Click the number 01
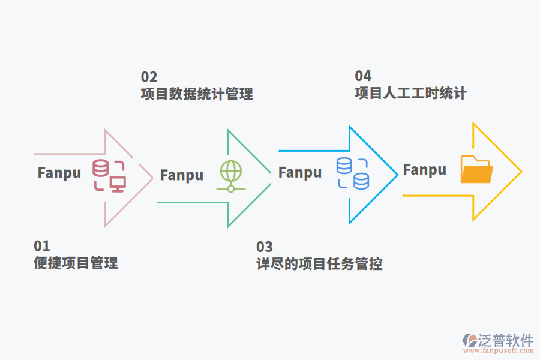point(42,246)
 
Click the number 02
point(149,77)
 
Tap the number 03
point(265,247)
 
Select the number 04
point(363,76)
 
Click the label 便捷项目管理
point(76,263)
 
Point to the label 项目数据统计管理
point(197,94)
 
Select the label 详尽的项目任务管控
point(319,263)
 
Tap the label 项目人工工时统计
point(410,93)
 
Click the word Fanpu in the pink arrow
point(59,173)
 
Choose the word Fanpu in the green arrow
point(182,175)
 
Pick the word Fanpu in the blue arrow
point(300,173)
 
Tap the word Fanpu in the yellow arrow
point(424,170)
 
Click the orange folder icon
point(477,169)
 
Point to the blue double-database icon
point(353,173)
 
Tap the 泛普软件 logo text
point(506,340)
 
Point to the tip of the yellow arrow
point(521,172)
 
